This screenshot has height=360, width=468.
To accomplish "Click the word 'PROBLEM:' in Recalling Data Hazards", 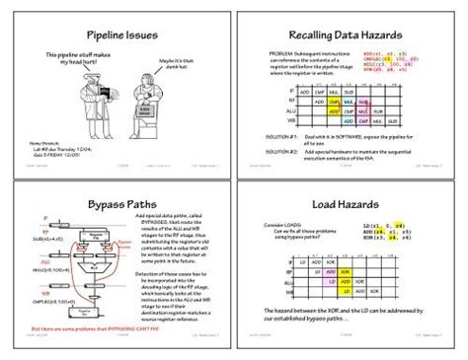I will coord(280,53).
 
